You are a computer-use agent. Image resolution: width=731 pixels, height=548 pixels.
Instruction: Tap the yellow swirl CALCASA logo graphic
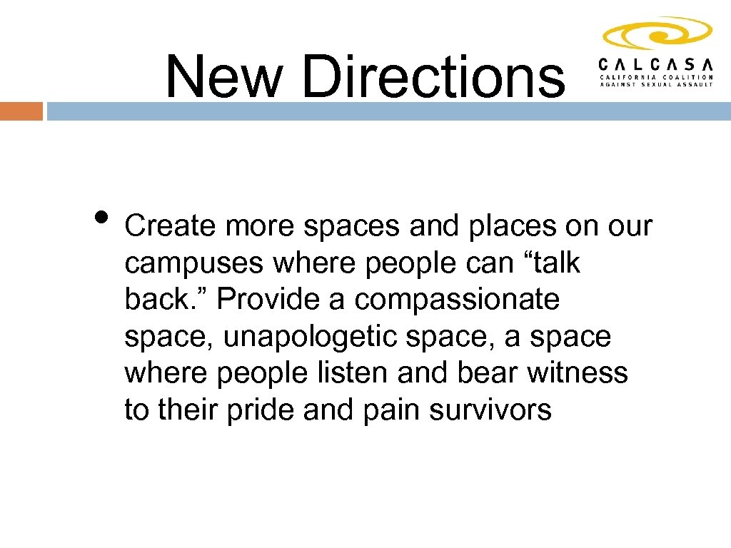tap(657, 34)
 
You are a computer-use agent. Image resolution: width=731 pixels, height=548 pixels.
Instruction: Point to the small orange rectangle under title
tap(21, 111)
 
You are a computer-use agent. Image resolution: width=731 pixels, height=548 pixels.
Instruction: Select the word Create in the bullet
tap(170, 226)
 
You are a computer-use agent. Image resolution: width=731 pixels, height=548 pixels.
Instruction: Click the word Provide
tap(267, 299)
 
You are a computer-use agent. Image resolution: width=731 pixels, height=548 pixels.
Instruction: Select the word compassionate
tap(457, 300)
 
